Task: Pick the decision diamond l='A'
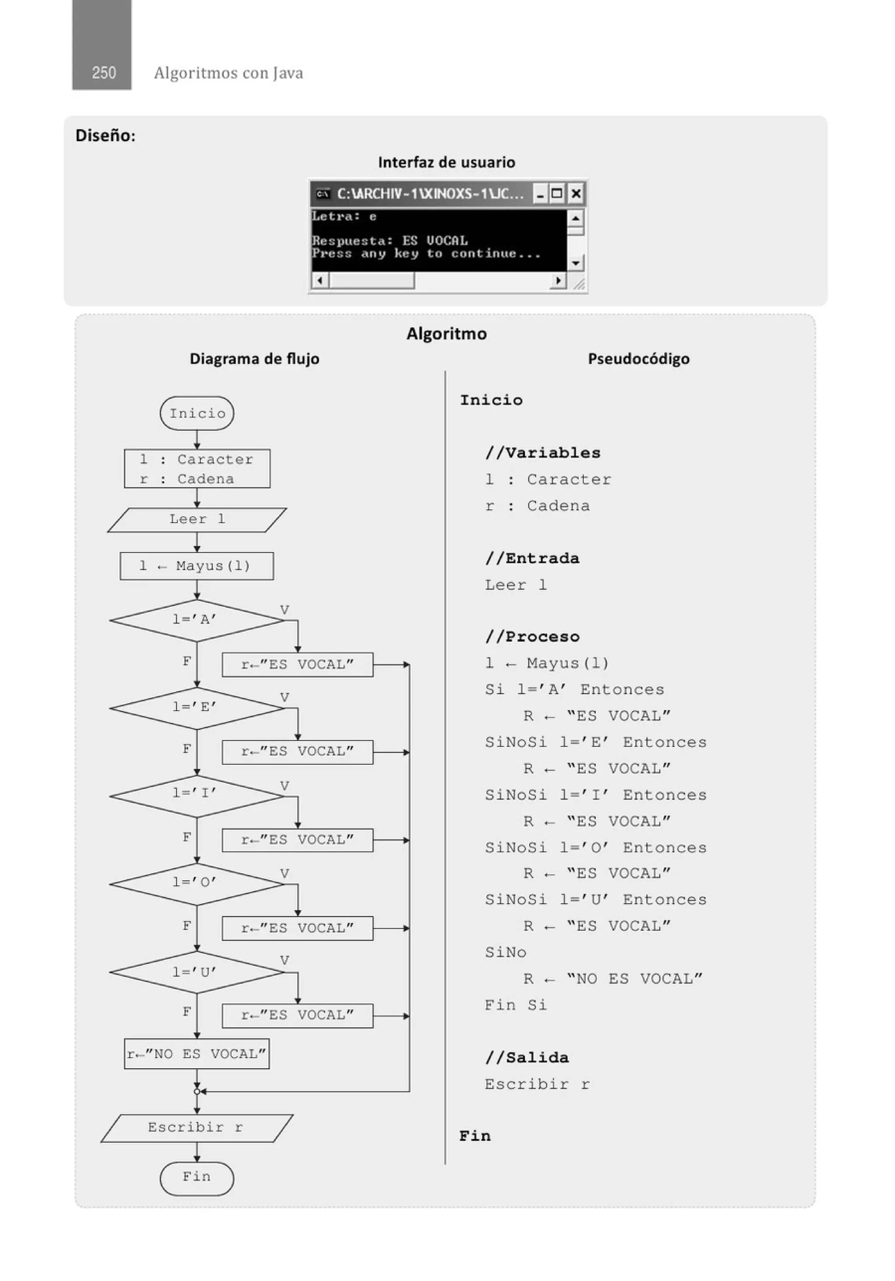point(196,620)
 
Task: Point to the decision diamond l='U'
point(196,972)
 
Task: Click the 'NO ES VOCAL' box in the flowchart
point(196,1054)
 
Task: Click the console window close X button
point(576,194)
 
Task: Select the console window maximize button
point(556,194)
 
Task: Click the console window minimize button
point(540,194)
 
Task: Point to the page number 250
point(104,73)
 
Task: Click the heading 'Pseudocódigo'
point(638,359)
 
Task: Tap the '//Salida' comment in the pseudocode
point(527,1057)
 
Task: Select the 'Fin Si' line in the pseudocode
point(516,1005)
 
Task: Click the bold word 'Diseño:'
point(105,135)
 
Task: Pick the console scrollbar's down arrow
point(575,262)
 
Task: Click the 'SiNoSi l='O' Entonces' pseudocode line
point(595,847)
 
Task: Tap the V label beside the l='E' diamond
point(284,698)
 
